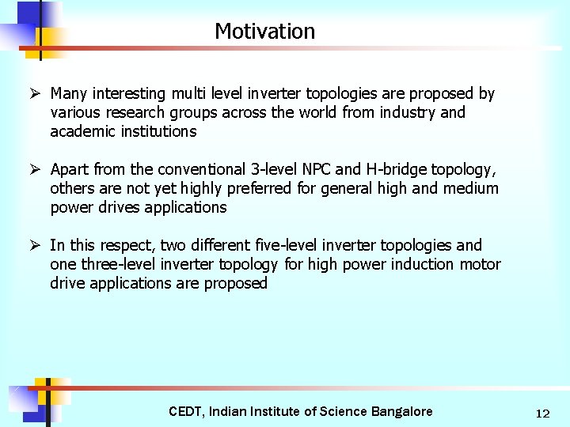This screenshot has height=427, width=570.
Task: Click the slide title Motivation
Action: (264, 32)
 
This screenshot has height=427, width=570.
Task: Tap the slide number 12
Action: (542, 413)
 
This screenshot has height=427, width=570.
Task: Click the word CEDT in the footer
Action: (187, 411)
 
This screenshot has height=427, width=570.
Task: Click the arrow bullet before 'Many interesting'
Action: (36, 93)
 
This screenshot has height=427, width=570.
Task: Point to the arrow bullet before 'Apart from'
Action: (36, 169)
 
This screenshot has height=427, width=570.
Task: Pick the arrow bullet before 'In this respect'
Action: (36, 245)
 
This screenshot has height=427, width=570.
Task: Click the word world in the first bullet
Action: (317, 112)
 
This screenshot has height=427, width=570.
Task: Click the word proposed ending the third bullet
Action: (236, 283)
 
